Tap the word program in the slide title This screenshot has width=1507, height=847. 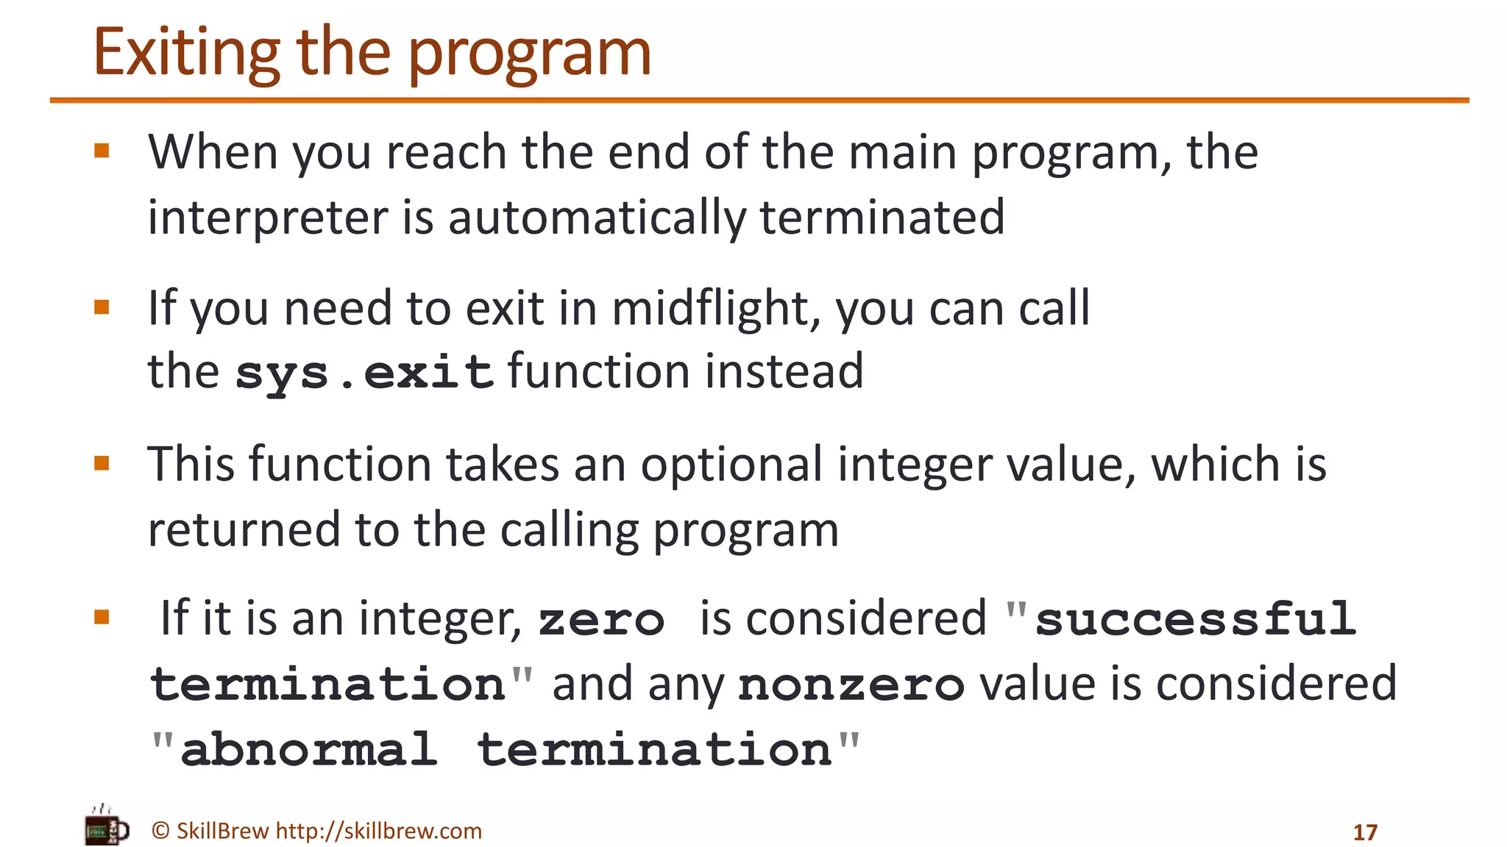[529, 54]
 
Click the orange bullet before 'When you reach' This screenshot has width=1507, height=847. [102, 151]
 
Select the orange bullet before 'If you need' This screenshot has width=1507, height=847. [102, 307]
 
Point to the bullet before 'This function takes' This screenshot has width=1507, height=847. [102, 463]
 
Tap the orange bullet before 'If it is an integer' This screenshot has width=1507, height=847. [102, 617]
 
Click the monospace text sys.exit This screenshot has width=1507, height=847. [364, 372]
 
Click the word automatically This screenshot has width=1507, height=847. [597, 218]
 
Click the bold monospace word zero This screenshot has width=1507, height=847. [601, 619]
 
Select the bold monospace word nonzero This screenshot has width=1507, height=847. [851, 685]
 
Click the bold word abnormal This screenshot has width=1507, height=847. [309, 750]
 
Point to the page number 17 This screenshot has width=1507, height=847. [1365, 832]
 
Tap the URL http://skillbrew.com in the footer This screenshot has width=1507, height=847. [378, 831]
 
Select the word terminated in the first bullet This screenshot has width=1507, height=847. [882, 218]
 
